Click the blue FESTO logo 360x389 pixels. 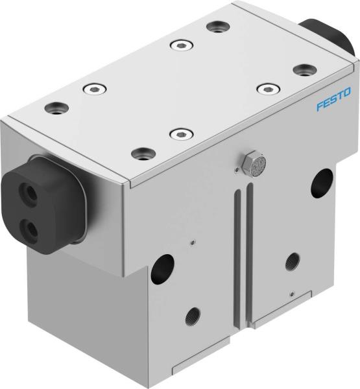click(x=333, y=99)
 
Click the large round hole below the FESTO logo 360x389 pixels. click(x=322, y=183)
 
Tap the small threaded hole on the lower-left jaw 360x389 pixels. click(x=193, y=318)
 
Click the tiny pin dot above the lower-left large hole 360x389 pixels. click(x=192, y=242)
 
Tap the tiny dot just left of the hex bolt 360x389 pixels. click(x=234, y=172)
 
